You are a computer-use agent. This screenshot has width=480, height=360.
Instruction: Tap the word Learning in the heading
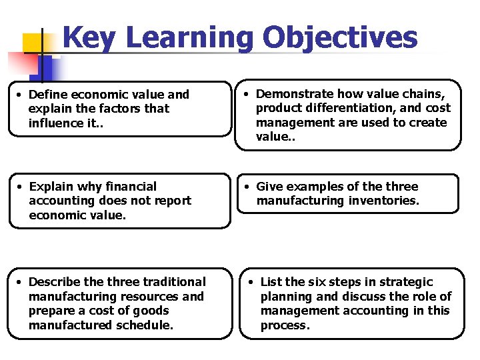click(189, 39)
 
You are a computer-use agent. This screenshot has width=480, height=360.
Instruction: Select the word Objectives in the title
click(340, 39)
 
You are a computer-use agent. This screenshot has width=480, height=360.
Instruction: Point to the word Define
click(48, 95)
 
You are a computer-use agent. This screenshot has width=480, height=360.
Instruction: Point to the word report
click(173, 201)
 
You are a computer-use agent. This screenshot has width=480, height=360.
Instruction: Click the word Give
click(269, 187)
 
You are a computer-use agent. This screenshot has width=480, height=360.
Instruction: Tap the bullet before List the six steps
click(250, 282)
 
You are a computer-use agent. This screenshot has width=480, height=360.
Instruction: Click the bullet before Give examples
click(246, 187)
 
